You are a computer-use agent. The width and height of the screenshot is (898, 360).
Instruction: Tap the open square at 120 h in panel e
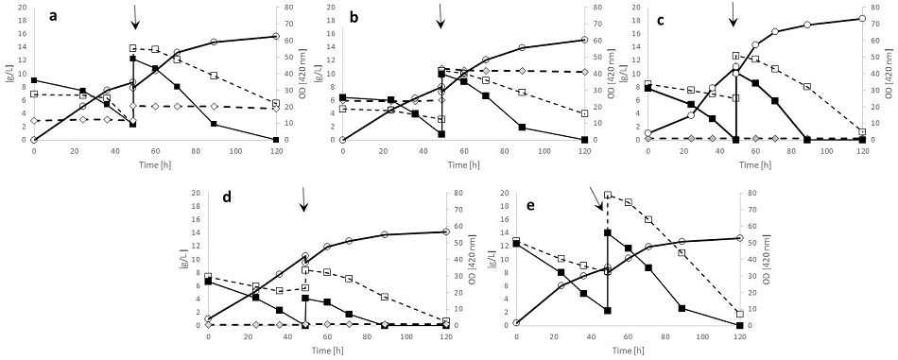(739, 314)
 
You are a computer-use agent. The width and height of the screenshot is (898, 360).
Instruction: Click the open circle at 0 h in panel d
(208, 318)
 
